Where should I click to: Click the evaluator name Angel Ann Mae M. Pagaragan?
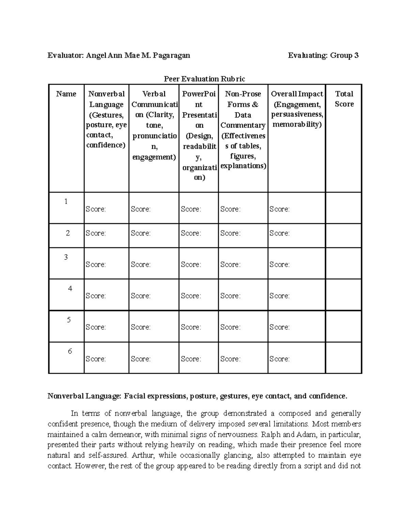(x=138, y=55)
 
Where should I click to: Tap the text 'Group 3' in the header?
(x=344, y=55)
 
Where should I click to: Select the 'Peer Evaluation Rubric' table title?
(x=204, y=79)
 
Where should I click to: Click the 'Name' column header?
(x=66, y=94)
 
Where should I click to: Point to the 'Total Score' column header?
(x=344, y=99)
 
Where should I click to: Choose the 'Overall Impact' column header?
(x=297, y=109)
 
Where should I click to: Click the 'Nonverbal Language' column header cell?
(x=106, y=119)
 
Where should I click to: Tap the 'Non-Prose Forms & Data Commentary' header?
(x=243, y=130)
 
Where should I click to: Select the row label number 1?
(x=66, y=201)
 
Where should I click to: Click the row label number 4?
(x=70, y=288)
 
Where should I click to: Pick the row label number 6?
(x=70, y=351)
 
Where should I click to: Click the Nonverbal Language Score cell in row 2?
(x=106, y=233)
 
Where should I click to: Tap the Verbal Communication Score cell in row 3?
(x=153, y=264)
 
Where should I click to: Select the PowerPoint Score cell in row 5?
(x=198, y=327)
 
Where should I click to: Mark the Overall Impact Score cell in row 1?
(x=296, y=209)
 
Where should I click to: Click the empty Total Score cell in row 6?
(x=344, y=358)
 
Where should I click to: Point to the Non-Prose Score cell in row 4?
(x=243, y=296)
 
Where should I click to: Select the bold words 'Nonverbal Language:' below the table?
(x=84, y=396)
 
